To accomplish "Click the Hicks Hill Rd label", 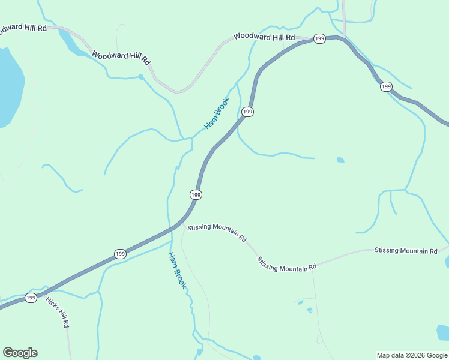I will (x=58, y=311).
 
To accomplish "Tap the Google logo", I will (x=20, y=353).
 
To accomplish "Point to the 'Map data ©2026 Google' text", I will (x=412, y=355).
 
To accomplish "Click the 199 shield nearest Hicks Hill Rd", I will (x=31, y=298).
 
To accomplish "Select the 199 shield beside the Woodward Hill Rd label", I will (x=319, y=38).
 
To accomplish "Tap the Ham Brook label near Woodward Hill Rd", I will (x=217, y=113).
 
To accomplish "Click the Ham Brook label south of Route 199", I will (x=176, y=270).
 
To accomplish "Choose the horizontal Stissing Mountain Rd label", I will (x=406, y=250).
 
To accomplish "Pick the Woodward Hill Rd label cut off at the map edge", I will (x=23, y=28).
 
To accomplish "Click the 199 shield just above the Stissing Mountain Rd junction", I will (x=196, y=194).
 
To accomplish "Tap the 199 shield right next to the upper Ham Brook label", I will (x=247, y=112).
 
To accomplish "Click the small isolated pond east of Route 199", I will (x=340, y=160).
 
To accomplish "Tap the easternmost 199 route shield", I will (x=386, y=87).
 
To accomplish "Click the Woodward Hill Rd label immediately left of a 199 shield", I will (x=264, y=37).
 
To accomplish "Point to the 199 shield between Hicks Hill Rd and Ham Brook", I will (x=120, y=254).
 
